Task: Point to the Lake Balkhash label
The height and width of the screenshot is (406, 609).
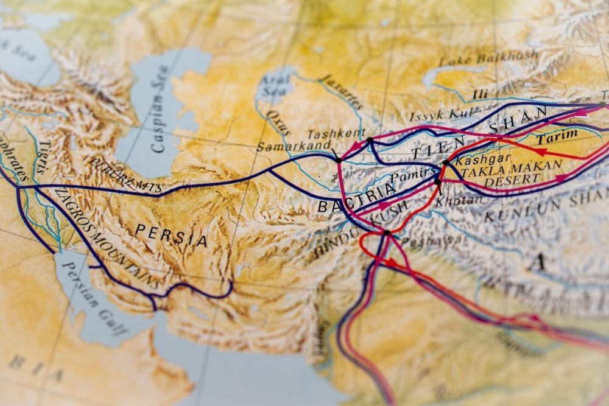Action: [x=489, y=58]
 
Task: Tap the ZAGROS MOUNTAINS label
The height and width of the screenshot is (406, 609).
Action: [x=107, y=237]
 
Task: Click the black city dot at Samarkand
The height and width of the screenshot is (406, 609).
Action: [x=338, y=160]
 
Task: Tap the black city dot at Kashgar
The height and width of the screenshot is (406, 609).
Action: [x=445, y=163]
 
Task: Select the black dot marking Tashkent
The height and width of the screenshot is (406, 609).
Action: [x=369, y=140]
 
